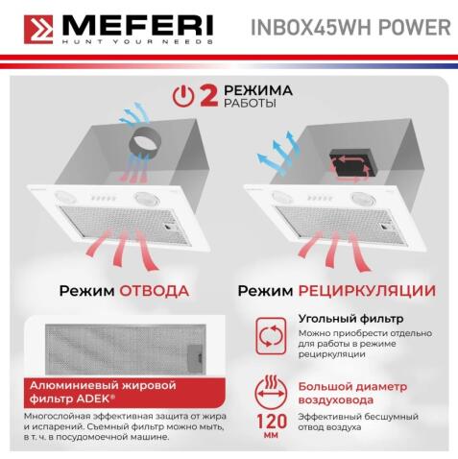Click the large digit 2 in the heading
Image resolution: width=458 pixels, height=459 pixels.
coord(206,96)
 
